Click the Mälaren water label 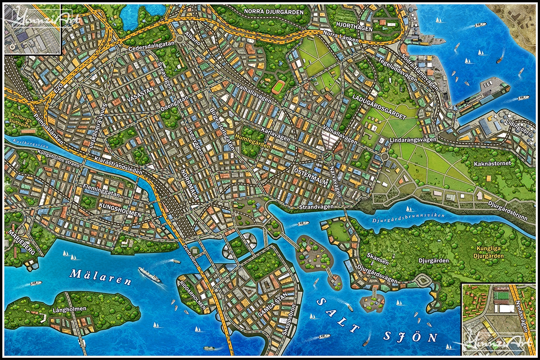pyautogui.click(x=93, y=274)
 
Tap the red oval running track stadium pyautogui.click(x=278, y=87)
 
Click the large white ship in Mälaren pyautogui.click(x=149, y=274)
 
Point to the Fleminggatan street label pyautogui.click(x=102, y=193)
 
